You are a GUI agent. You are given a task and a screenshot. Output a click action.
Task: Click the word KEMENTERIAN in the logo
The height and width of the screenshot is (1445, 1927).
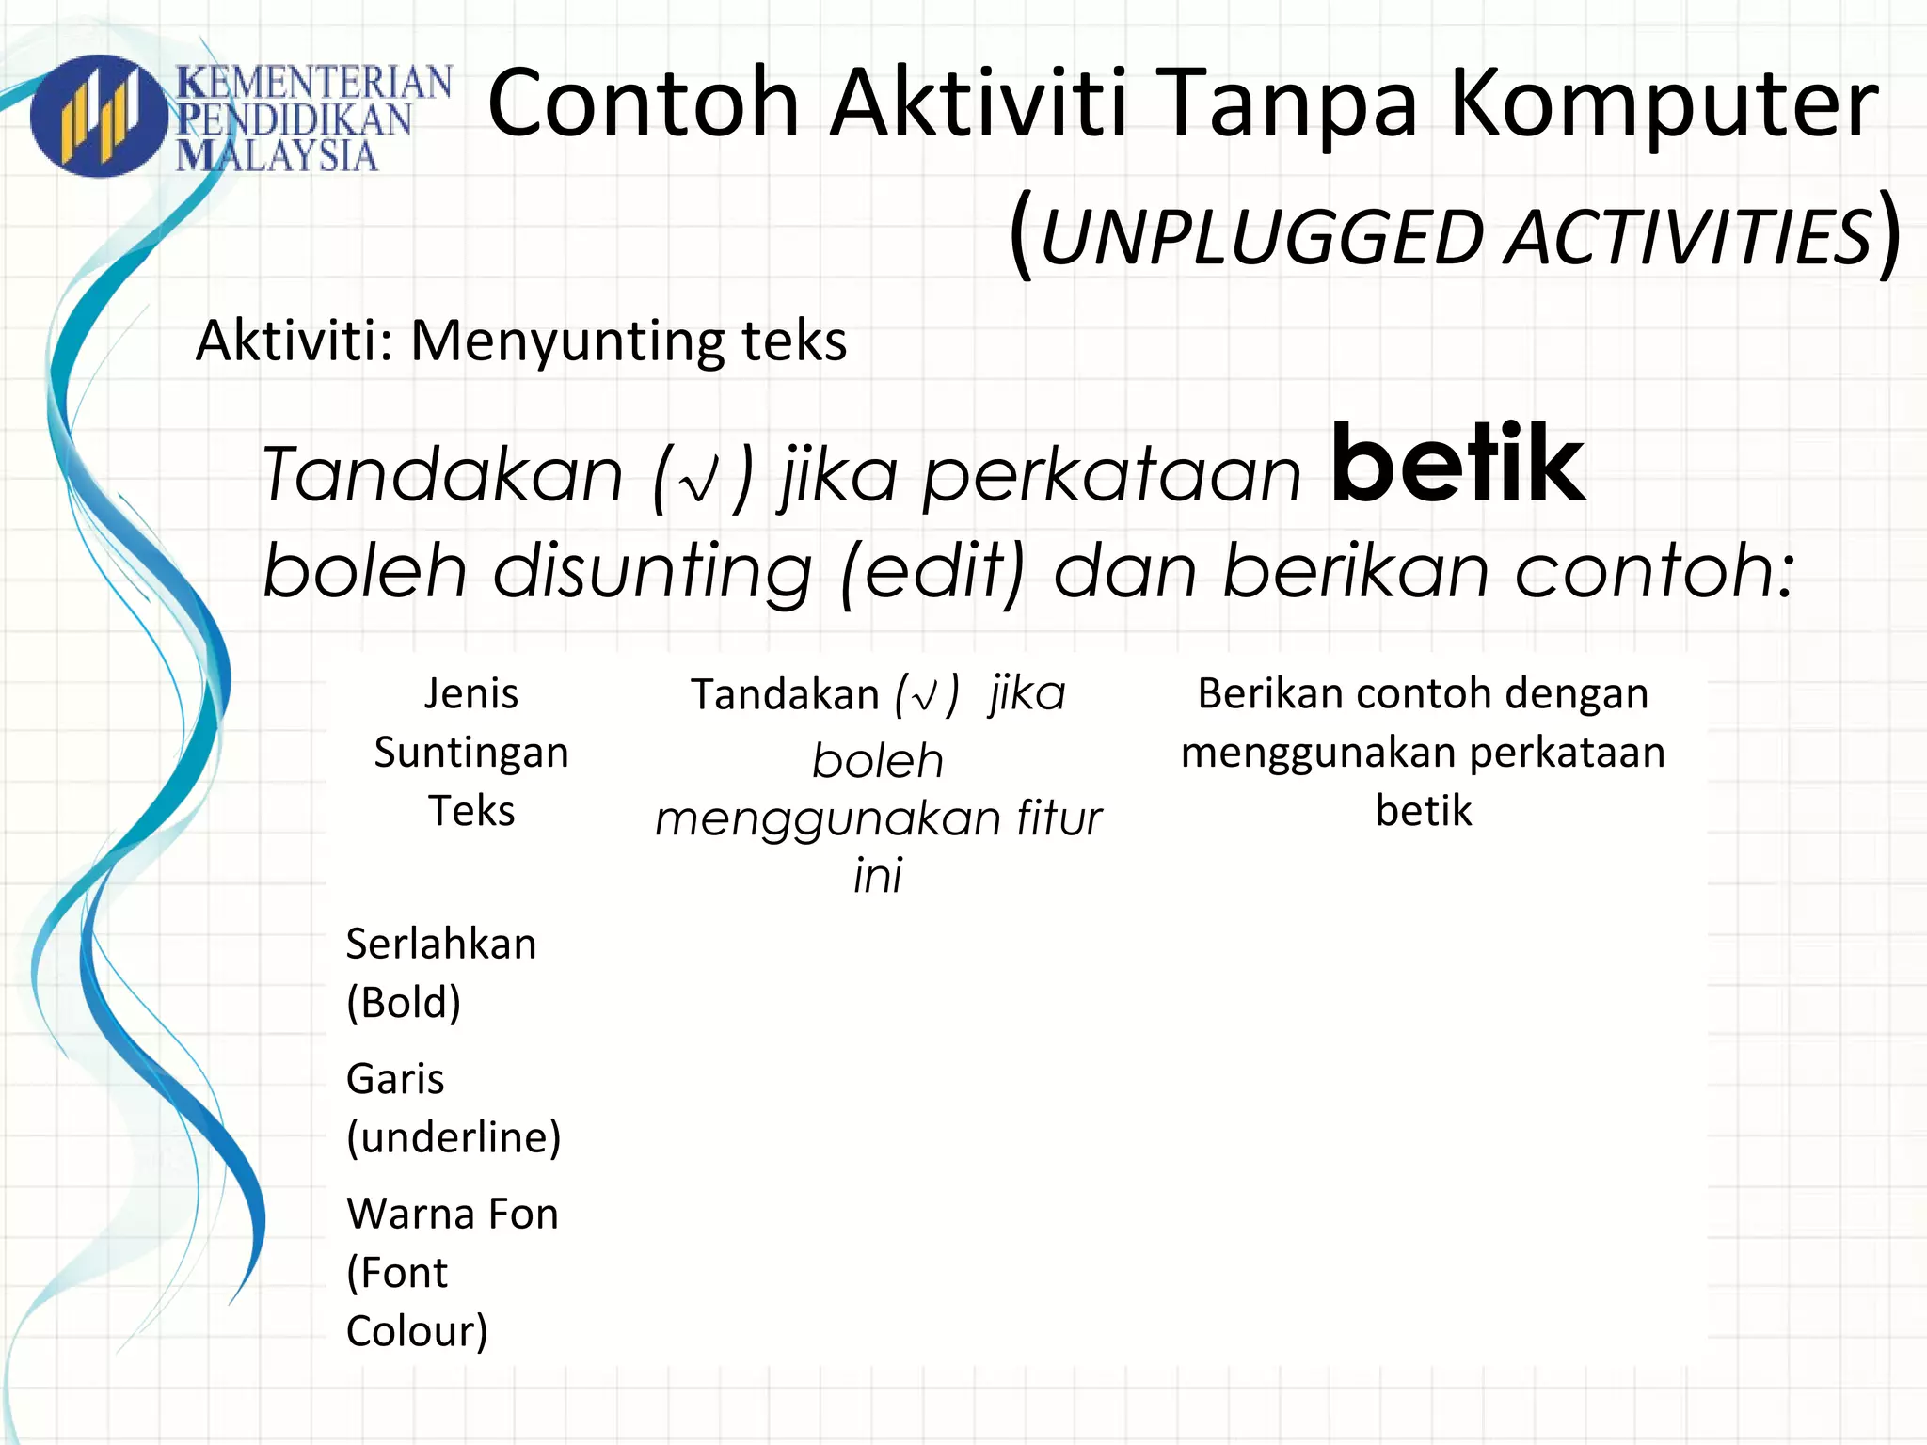pos(314,83)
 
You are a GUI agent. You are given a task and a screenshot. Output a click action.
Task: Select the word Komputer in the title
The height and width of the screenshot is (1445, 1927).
pos(1664,103)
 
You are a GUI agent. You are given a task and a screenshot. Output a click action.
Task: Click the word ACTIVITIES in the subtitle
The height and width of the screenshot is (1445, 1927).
pos(1688,238)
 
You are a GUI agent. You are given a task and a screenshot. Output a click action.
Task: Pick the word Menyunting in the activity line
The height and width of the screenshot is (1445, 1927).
pos(568,341)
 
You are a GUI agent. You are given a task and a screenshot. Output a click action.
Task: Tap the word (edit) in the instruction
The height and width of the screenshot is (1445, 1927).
pos(932,572)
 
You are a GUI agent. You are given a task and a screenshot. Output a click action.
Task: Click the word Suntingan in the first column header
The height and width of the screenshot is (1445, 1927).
pos(471,753)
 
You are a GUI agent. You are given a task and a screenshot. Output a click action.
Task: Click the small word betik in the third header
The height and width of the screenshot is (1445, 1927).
pos(1423,811)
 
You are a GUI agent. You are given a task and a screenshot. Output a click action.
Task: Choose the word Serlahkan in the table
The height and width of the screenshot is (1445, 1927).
pos(440,944)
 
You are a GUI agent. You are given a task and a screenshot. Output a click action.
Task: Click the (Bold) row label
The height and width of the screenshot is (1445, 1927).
pos(404,1003)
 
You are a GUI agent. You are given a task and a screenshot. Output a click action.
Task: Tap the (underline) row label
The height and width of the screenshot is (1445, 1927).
pos(454,1137)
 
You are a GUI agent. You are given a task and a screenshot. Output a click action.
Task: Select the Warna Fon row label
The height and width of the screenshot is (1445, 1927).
pos(452,1214)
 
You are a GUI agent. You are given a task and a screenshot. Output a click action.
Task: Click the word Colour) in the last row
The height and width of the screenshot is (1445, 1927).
pos(417,1331)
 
